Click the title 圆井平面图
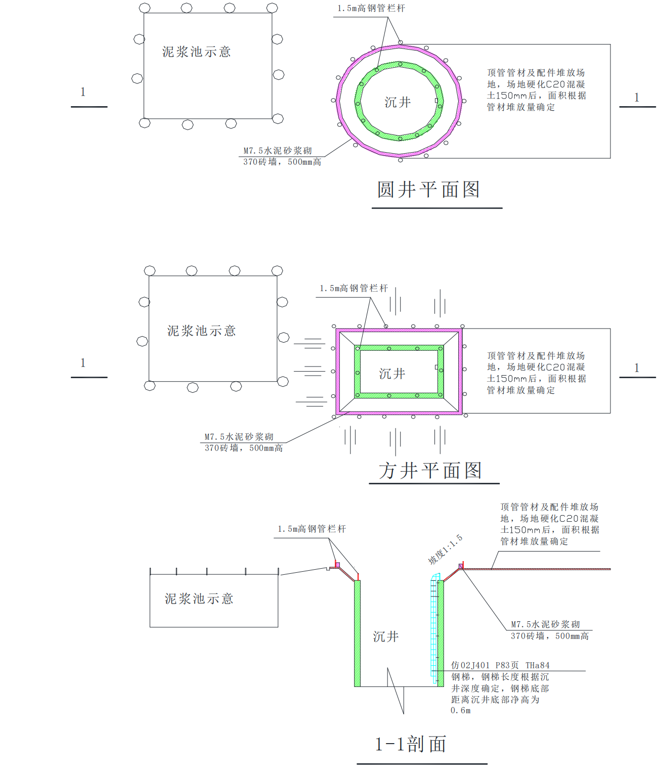pos(428,190)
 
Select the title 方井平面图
pos(430,471)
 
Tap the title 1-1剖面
pos(411,745)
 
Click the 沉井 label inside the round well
pos(398,103)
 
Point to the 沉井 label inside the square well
pos(392,374)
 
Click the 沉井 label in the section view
pos(386,637)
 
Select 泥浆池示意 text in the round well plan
pos(197,52)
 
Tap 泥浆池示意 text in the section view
pos(199,599)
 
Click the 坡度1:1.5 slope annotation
pos(445,550)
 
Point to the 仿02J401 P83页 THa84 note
pos(500,666)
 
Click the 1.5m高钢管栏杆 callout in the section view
pos(312,529)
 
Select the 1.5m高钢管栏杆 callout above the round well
pos(371,9)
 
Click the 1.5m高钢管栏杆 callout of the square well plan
pos(354,289)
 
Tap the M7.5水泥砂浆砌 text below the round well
pos(278,151)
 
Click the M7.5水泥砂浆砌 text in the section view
pos(545,625)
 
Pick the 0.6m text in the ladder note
pos(461,711)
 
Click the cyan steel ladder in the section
pos(434,627)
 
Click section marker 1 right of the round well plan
pos(637,98)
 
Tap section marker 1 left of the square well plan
pos(83,363)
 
